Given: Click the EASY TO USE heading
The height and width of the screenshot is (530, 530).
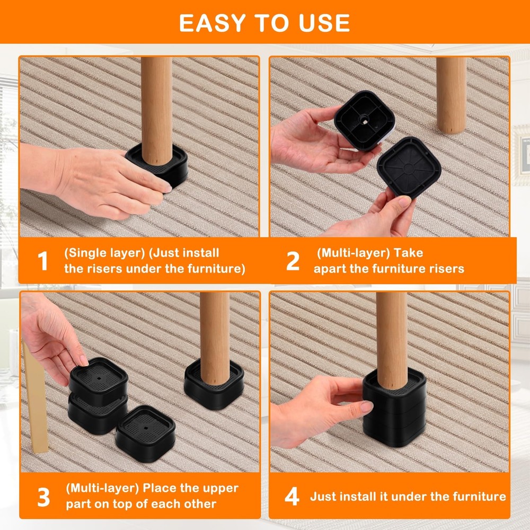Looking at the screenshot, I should point(264,23).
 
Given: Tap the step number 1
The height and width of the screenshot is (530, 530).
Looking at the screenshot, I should point(43,261).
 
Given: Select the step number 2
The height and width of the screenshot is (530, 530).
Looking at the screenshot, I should point(293,261).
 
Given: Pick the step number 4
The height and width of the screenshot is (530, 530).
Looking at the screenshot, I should point(292,497).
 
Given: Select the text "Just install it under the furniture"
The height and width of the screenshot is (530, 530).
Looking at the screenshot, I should point(408,497).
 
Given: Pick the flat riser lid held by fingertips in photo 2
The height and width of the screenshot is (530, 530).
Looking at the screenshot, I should point(409,167).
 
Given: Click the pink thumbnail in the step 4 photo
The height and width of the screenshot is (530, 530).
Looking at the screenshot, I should point(366,407).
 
